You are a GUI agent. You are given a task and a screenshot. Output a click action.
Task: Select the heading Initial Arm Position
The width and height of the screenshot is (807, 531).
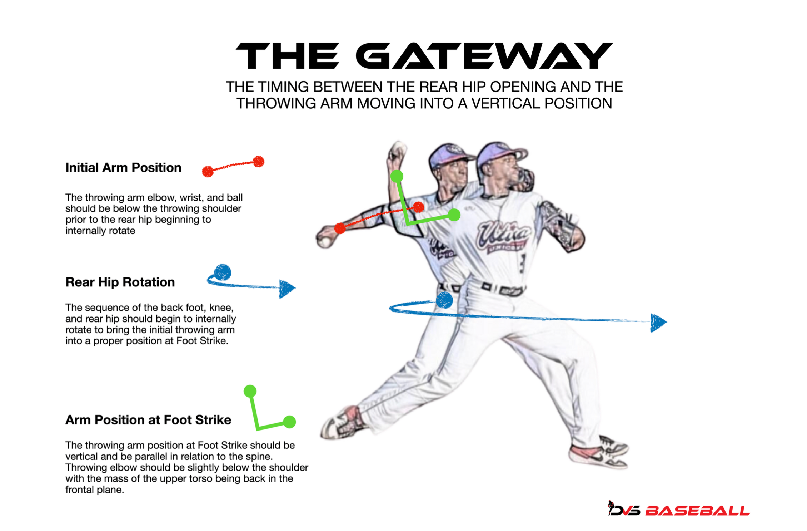(x=123, y=168)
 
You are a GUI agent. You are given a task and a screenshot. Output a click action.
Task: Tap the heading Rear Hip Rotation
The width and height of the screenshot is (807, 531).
(x=120, y=282)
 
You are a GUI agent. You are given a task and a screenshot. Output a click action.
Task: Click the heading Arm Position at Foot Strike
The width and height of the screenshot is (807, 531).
(x=148, y=420)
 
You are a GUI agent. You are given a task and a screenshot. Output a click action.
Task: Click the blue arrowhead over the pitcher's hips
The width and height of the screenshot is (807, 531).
(x=658, y=323)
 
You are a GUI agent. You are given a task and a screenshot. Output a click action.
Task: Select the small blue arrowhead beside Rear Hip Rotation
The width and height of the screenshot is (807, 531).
(x=287, y=288)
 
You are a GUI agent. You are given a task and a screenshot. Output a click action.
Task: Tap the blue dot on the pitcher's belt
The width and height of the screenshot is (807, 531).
(x=444, y=300)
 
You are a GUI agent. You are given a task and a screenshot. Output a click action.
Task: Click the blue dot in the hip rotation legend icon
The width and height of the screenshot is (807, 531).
(x=223, y=272)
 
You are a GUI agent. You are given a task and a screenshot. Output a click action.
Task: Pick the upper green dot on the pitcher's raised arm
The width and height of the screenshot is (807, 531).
(x=397, y=176)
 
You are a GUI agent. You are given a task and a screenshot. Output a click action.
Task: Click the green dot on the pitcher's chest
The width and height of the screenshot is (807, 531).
(x=454, y=215)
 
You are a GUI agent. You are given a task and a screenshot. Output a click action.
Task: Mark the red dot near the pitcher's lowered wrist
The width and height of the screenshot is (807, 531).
(x=340, y=228)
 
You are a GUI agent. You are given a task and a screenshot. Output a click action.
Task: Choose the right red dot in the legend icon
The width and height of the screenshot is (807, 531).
(x=259, y=162)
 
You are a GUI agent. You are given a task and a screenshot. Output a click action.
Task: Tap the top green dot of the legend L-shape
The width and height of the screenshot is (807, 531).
(x=250, y=391)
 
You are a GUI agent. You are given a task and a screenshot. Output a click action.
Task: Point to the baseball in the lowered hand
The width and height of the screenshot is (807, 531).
(x=325, y=242)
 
